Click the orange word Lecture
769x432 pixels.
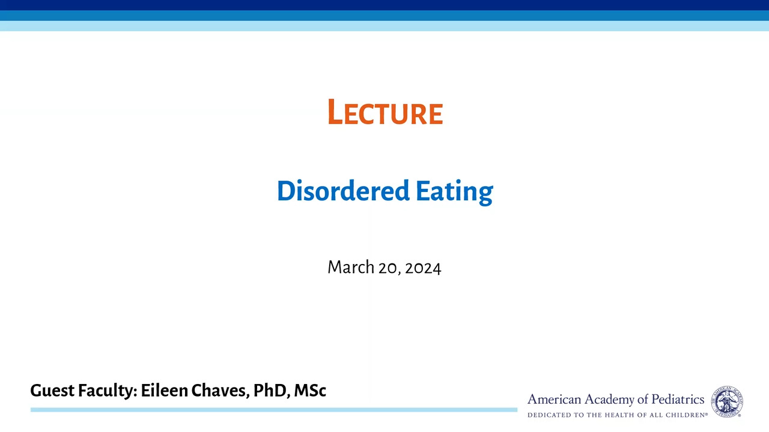pos(385,112)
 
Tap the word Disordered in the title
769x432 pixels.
pos(343,190)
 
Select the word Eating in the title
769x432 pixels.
pos(455,192)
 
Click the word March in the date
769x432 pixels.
pos(351,267)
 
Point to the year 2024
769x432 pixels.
pos(423,268)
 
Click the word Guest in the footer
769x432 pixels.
pos(52,390)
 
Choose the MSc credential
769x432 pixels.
pos(310,390)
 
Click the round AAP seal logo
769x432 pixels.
pos(727,401)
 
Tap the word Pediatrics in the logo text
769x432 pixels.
pos(678,400)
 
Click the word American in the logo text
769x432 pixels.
pos(555,400)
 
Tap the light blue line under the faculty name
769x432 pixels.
pos(274,410)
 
